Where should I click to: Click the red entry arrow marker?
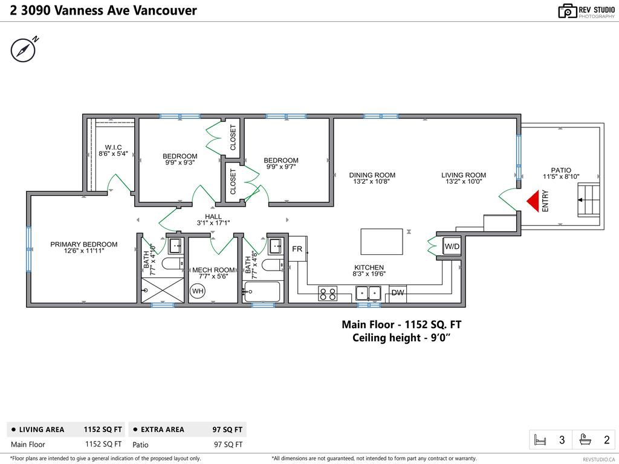tap(532, 201)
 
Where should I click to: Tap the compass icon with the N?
tap(23, 50)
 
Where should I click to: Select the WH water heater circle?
tap(198, 292)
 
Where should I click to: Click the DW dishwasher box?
tap(398, 293)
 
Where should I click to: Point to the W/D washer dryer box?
tap(452, 246)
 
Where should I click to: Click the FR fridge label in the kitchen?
tap(297, 249)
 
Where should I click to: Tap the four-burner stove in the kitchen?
tap(328, 294)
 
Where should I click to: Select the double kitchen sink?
tap(368, 293)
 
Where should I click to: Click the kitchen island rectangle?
tap(381, 241)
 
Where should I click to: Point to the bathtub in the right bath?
tap(262, 292)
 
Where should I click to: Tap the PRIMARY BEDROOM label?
tap(84, 245)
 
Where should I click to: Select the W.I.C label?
tap(113, 147)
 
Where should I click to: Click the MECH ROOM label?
tap(213, 270)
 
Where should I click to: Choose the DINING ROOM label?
tap(372, 175)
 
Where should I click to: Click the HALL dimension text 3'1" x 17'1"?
tap(213, 223)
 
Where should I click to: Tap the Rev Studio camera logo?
tap(567, 10)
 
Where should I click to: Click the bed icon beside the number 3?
tap(540, 440)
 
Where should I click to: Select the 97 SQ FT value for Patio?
tap(228, 445)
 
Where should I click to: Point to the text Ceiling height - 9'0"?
tap(401, 338)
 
